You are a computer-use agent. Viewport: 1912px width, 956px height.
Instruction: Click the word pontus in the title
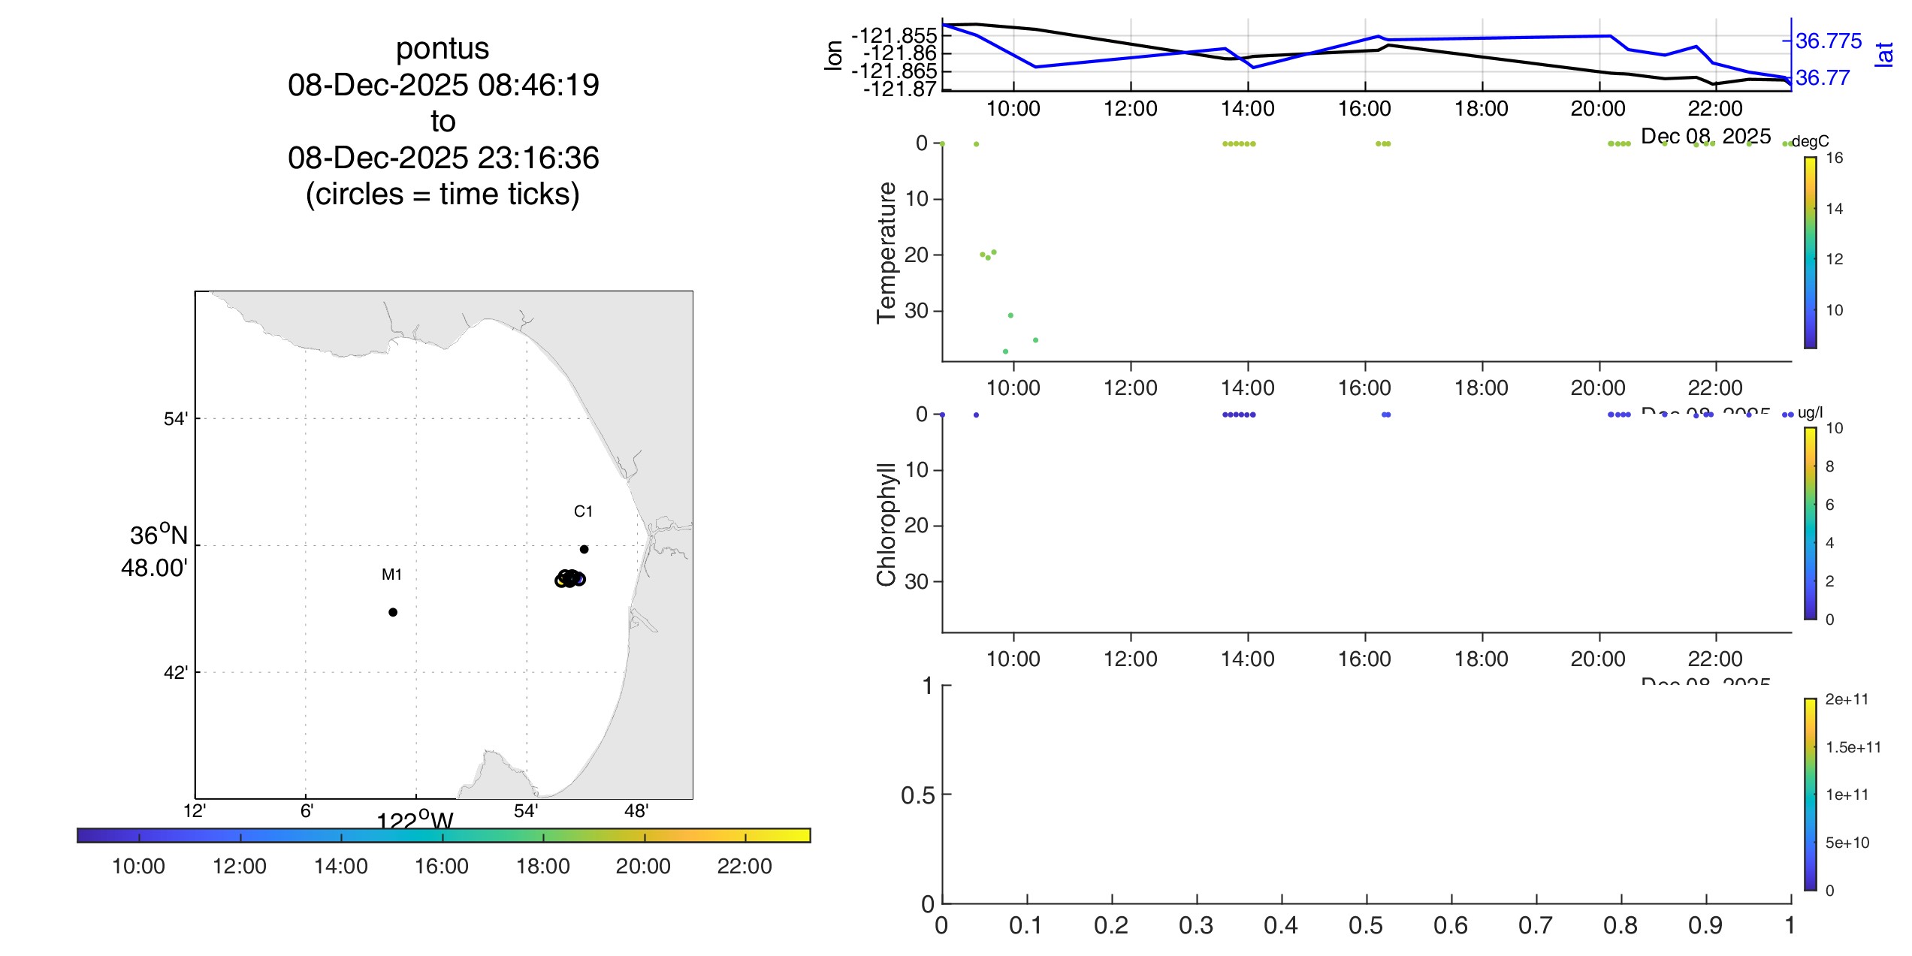[x=443, y=49]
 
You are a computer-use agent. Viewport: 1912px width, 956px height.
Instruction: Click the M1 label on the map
[x=391, y=575]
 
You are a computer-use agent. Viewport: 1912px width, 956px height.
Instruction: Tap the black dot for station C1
[x=584, y=549]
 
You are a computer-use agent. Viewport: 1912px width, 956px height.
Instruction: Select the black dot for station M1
[x=393, y=612]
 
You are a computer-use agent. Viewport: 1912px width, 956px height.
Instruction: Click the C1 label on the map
[x=583, y=511]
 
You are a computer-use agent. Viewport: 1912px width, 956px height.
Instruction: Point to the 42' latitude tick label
[x=175, y=673]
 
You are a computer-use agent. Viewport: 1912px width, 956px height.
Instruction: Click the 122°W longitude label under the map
[x=415, y=819]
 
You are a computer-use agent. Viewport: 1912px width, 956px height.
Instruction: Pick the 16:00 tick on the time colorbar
[x=442, y=866]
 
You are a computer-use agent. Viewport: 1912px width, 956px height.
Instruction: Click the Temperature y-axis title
[x=887, y=252]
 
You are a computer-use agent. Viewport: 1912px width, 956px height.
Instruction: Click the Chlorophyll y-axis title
[x=887, y=523]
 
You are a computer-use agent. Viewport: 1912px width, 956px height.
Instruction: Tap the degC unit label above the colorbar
[x=1810, y=141]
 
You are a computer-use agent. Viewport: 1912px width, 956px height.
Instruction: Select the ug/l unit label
[x=1810, y=412]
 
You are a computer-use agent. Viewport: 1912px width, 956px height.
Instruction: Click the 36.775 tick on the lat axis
[x=1828, y=41]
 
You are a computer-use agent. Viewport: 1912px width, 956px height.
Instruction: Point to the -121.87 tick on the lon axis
[x=900, y=89]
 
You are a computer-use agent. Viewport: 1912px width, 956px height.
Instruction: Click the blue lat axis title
[x=1883, y=54]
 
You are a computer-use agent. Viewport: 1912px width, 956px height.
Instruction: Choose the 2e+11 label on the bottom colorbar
[x=1846, y=699]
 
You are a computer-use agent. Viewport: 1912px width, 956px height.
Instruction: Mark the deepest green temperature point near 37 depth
[x=1005, y=351]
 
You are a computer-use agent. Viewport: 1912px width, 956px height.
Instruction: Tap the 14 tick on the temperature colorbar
[x=1834, y=209]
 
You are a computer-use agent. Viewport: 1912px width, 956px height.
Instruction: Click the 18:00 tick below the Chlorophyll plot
[x=1481, y=659]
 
